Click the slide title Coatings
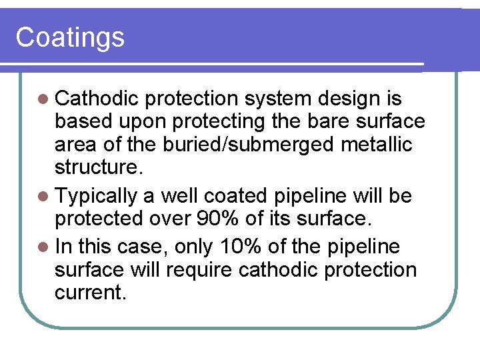(70, 37)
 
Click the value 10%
(238, 247)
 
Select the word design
(350, 99)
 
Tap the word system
(279, 99)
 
